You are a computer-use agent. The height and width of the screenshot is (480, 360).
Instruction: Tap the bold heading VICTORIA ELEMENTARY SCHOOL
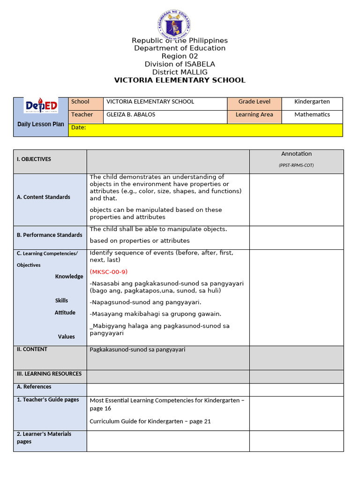[180, 80]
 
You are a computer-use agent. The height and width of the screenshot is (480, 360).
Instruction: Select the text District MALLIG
[180, 72]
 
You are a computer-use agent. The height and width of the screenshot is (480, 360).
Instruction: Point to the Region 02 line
[180, 56]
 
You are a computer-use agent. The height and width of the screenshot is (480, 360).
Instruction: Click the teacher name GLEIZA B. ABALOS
[131, 115]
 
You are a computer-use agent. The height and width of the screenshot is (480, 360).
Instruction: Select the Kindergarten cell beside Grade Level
[312, 102]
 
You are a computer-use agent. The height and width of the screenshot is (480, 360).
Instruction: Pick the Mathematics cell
[312, 115]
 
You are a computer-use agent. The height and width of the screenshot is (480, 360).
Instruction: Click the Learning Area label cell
[254, 115]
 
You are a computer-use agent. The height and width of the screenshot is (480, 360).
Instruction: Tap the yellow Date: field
[205, 130]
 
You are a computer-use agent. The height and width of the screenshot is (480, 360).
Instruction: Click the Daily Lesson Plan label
[41, 124]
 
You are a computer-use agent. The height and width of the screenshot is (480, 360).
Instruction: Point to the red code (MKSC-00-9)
[108, 272]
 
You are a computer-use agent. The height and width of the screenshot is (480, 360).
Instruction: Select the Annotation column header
[296, 154]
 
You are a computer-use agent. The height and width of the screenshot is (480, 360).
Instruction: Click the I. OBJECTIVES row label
[34, 159]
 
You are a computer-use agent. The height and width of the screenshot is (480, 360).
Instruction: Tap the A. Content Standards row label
[44, 197]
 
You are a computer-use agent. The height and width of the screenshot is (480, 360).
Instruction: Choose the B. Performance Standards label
[49, 235]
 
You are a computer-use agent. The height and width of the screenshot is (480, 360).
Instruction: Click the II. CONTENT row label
[32, 349]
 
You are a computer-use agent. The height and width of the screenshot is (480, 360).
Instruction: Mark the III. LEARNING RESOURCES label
[49, 374]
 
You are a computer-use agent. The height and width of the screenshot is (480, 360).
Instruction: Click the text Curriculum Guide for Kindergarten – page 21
[150, 421]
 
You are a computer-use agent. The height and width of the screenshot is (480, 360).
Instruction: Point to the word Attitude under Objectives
[65, 313]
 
